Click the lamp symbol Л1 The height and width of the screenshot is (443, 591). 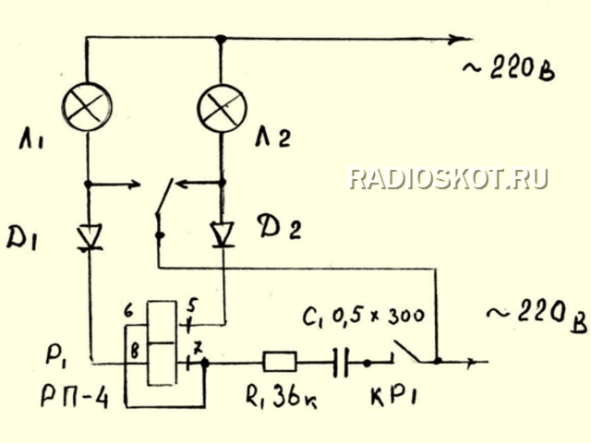tap(87, 107)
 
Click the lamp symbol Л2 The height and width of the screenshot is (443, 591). tap(222, 108)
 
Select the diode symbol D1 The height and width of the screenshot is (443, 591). tap(90, 237)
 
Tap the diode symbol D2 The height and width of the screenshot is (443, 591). tap(223, 234)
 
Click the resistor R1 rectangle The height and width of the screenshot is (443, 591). tap(280, 362)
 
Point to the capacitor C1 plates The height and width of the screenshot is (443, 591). tap(341, 363)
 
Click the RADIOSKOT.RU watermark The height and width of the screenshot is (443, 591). tap(448, 178)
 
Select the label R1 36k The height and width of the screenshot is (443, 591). tap(281, 397)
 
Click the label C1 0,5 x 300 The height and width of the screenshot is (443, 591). tap(363, 317)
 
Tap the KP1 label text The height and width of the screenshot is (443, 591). tap(394, 396)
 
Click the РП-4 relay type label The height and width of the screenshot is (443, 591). tap(74, 397)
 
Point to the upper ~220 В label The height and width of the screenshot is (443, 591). tap(509, 70)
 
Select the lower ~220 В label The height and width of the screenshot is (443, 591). tap(537, 318)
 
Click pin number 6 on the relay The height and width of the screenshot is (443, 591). tap(129, 312)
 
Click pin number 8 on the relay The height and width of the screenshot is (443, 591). tap(135, 351)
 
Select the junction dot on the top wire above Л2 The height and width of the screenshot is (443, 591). tap(221, 39)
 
